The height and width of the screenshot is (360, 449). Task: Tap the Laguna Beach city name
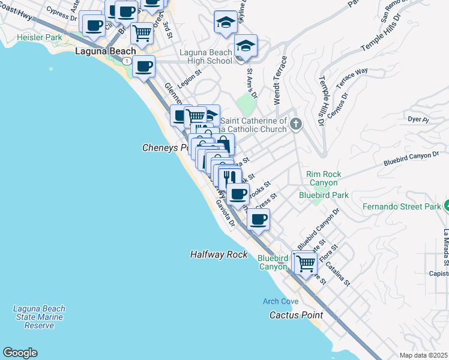coord(106,52)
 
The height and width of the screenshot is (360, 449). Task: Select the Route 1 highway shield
coord(127,61)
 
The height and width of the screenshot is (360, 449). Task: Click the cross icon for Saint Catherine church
coord(295,124)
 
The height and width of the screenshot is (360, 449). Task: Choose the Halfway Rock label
coord(219,254)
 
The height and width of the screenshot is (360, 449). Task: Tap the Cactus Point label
coord(296,315)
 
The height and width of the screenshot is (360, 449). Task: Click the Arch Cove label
coord(280,301)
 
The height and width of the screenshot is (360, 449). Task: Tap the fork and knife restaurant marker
coord(229,177)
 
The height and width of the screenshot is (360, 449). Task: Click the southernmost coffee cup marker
coord(258,220)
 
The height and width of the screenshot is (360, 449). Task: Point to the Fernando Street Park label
coord(402,207)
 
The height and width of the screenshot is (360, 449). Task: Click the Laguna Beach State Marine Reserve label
coord(40,317)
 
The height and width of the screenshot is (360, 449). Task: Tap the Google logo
coord(20,353)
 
